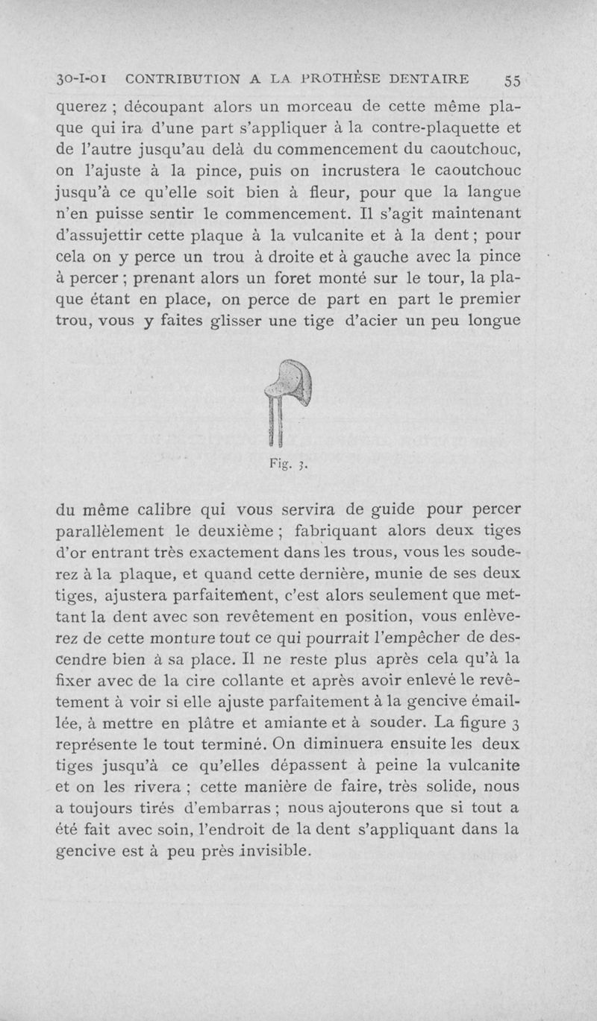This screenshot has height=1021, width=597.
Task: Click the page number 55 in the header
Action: (x=514, y=79)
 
